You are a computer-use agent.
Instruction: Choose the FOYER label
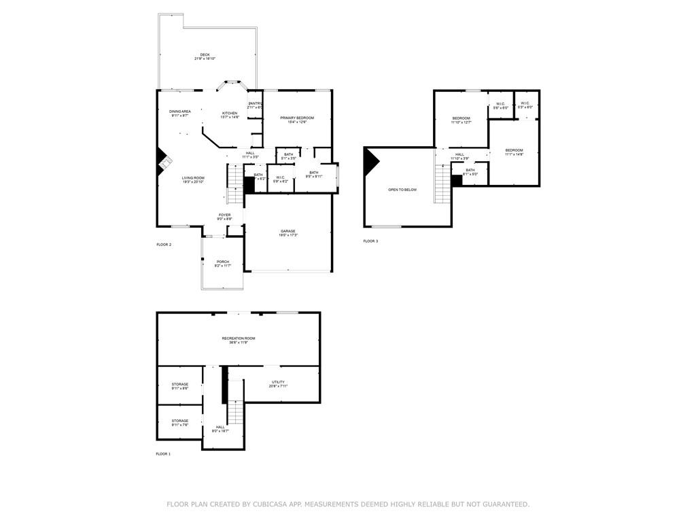click(x=224, y=216)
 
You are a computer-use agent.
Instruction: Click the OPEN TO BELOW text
click(x=402, y=190)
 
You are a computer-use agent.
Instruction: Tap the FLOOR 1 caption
click(x=163, y=453)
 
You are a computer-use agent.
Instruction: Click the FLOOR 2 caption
click(x=164, y=245)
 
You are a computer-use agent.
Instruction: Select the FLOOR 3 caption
click(x=370, y=241)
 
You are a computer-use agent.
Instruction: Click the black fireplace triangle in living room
click(x=163, y=160)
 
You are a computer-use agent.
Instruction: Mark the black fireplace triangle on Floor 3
click(x=370, y=162)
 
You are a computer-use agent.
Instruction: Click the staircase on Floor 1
click(x=235, y=411)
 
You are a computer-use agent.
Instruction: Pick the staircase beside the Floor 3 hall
click(x=442, y=185)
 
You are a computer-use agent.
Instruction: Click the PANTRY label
click(x=255, y=104)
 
